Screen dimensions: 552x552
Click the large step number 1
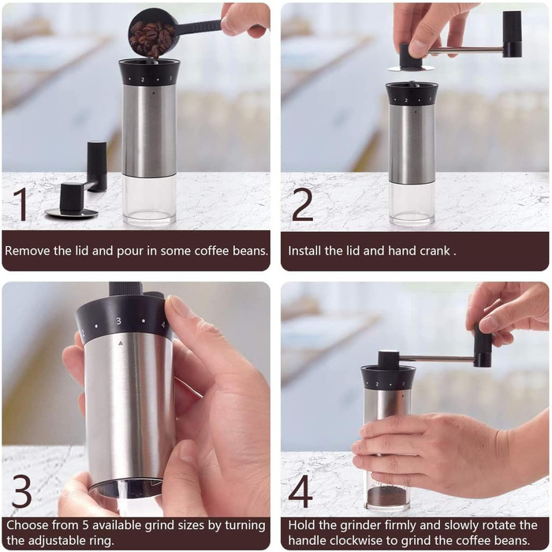click(x=21, y=204)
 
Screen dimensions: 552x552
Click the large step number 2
click(x=302, y=204)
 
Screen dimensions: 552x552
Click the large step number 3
click(x=22, y=490)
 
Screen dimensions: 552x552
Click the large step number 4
click(x=300, y=490)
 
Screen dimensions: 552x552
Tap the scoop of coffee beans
click(x=151, y=35)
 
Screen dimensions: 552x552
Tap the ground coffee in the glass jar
click(x=386, y=496)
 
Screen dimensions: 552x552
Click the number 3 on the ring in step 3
click(x=118, y=321)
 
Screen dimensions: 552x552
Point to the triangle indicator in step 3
click(x=121, y=342)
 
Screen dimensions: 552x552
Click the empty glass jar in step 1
click(x=149, y=199)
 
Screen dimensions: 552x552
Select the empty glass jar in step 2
click(x=412, y=203)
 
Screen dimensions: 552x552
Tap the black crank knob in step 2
click(x=513, y=33)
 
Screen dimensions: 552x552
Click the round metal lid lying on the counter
click(x=72, y=213)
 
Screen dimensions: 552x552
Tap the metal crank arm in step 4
click(x=437, y=358)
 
